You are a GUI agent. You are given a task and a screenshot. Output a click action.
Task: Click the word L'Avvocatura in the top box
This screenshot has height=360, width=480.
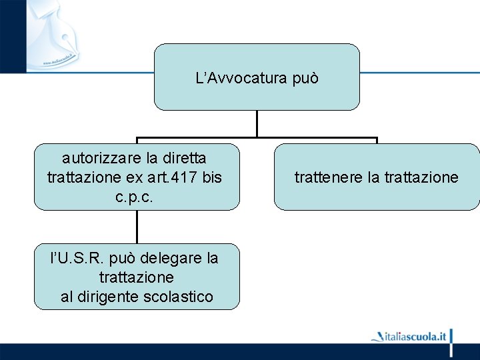tap(232, 79)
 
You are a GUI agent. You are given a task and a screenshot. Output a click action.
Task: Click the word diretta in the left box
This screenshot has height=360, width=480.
tap(184, 159)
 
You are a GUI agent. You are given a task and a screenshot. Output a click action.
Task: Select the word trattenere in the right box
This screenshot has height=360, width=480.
tap(327, 177)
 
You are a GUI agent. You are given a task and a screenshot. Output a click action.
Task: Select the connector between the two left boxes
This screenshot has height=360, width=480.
tap(137, 227)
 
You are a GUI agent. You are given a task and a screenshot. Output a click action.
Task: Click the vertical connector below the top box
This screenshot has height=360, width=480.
tap(257, 124)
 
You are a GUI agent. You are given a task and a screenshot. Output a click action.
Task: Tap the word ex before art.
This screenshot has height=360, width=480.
tap(133, 178)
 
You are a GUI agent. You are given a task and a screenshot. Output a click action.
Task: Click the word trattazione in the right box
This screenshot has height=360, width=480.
tap(418, 177)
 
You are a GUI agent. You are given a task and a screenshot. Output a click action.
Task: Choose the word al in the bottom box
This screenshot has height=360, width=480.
tap(67, 297)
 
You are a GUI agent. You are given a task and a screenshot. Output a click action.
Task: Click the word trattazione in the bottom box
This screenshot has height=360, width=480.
tap(136, 277)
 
